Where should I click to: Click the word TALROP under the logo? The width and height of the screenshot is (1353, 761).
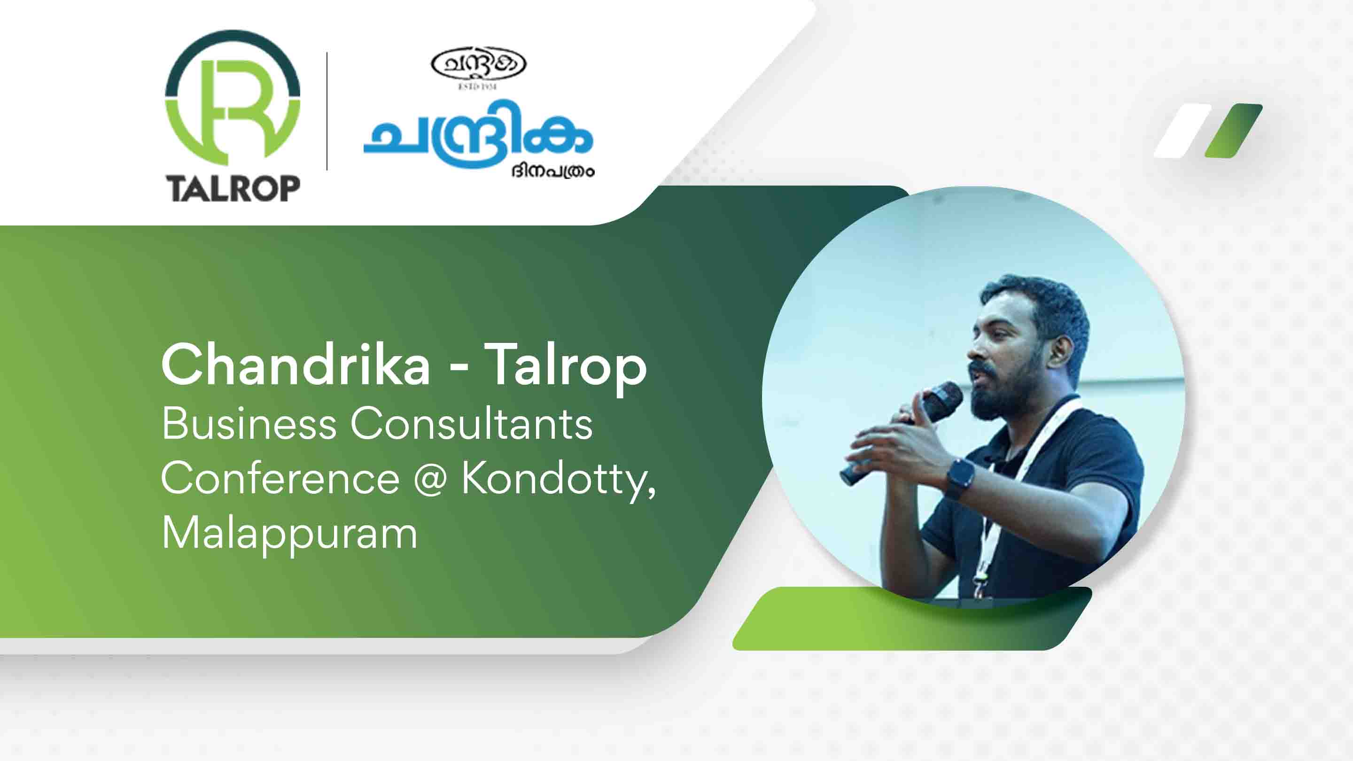coord(233,188)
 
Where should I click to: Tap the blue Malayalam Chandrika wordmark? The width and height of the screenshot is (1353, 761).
coord(477,133)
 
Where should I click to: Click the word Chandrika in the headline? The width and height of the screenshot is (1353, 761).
coord(295,365)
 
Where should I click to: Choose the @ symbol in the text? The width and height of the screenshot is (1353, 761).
coord(430,481)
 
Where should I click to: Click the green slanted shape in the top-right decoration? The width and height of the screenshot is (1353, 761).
coord(1233,131)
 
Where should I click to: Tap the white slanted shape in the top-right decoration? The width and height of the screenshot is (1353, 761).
coord(1182,131)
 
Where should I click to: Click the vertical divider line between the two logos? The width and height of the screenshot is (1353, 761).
coord(327,111)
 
